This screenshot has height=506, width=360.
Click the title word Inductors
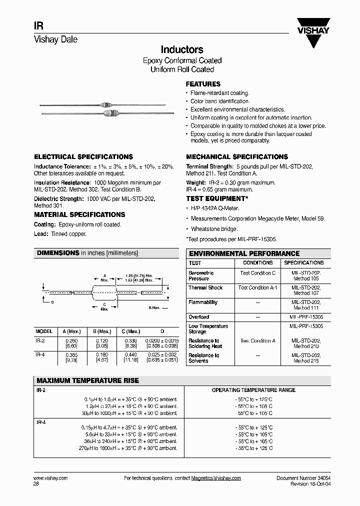pos(181,50)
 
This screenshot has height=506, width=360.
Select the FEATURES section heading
pos(203,84)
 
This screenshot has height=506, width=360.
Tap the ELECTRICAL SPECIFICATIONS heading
pos(83,157)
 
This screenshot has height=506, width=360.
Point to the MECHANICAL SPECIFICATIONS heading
pos(237,157)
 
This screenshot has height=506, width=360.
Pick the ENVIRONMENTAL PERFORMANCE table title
pos(244,253)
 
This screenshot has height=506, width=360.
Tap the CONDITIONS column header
pos(257,263)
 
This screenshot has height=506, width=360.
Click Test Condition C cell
pos(257,273)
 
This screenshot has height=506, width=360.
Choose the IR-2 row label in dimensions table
pos(40,340)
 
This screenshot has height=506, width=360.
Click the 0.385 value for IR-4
pos(71,355)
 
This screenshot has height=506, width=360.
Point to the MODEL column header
pos(44,331)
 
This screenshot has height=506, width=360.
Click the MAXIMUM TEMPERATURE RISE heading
pos(87,380)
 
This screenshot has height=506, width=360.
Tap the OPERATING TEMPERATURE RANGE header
pos(253,390)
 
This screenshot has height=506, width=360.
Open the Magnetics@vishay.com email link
pos(215,478)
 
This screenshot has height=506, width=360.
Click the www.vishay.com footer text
pos(50,478)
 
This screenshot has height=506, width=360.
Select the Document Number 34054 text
pos(303,478)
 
